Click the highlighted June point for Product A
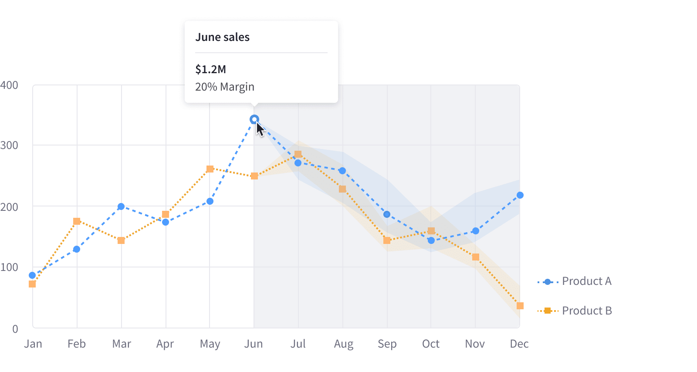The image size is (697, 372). coord(254,119)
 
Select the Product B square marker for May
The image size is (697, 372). coord(210,169)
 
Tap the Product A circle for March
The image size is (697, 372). coord(121,206)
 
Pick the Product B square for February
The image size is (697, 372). coord(77,221)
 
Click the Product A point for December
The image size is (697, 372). coord(520,195)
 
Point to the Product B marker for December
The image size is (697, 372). coord(520,306)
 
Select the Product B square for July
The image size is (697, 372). coord(298,154)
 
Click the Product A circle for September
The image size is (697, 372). coord(387,214)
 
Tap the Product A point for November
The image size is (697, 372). coord(475,231)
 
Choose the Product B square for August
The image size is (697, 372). coord(342,189)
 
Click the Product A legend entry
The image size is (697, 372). coord(575,281)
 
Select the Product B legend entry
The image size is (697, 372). coord(575,311)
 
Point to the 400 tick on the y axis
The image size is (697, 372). coord(9,85)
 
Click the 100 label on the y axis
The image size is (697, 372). coord(9,267)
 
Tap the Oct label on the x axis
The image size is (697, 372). coord(431,344)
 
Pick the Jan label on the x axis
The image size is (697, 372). coord(33,344)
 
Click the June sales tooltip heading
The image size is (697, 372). coord(222,37)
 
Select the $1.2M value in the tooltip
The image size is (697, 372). coord(210,69)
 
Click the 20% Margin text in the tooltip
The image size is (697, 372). coord(224,87)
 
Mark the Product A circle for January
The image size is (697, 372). coord(32,275)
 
